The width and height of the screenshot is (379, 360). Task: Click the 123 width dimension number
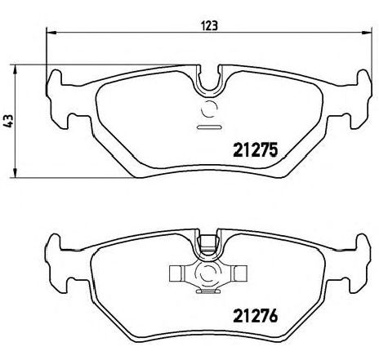(x=209, y=26)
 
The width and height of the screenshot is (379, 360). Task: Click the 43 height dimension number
(x=8, y=122)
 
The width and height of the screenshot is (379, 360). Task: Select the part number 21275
(x=256, y=150)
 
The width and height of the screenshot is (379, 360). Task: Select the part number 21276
(x=256, y=315)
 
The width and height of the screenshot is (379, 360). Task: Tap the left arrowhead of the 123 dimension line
(x=51, y=33)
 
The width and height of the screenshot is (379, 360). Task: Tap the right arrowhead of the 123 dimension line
(x=367, y=33)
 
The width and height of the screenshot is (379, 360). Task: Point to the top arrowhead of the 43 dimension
(x=16, y=69)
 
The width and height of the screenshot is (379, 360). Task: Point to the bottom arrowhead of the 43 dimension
(x=16, y=173)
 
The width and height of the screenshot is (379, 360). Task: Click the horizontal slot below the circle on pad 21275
(x=209, y=127)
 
